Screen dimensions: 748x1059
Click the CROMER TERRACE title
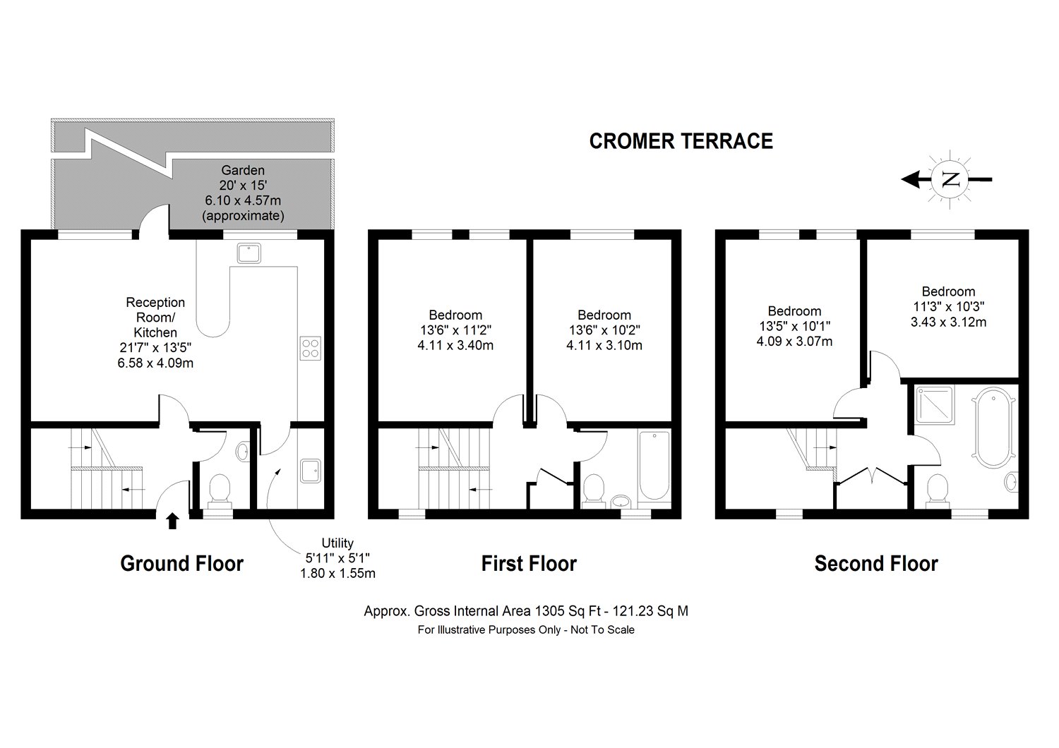coord(681,141)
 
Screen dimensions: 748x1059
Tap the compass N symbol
coord(952,179)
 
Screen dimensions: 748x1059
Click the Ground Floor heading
coord(181,564)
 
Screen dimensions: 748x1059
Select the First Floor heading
coord(529,564)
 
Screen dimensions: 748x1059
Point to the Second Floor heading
coord(875,564)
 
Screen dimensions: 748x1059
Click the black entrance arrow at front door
coord(172,521)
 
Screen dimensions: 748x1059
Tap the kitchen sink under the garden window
coord(249,253)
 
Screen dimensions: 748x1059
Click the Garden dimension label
coord(243,193)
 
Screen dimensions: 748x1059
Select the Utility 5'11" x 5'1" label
coord(337,558)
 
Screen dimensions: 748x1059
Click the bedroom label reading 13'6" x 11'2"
coord(455,330)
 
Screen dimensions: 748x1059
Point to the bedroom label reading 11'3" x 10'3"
coord(948,307)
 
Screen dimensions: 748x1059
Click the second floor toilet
coord(937,490)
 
